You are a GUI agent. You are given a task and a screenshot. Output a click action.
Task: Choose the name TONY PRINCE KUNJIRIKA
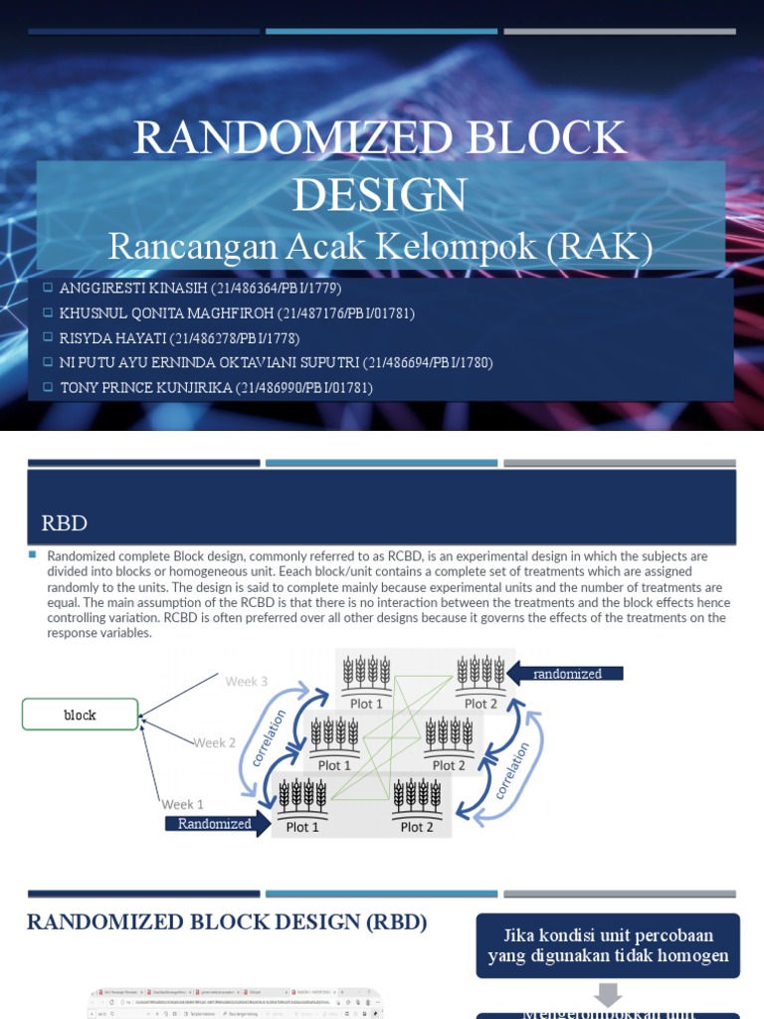[146, 387]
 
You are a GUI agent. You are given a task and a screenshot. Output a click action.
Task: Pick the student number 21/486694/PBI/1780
[428, 362]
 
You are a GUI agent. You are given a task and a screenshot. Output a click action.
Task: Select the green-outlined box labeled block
[82, 714]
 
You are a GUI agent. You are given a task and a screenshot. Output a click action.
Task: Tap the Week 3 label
[246, 682]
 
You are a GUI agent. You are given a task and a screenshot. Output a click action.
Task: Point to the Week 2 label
[215, 742]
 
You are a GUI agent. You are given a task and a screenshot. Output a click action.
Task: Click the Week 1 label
[183, 804]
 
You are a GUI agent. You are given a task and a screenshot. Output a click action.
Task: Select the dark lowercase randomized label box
[567, 674]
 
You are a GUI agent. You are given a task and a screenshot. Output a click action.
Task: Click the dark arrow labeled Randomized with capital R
[215, 823]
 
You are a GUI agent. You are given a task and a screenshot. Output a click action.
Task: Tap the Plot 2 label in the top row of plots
[480, 704]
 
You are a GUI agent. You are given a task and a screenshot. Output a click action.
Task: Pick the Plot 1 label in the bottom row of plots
[302, 827]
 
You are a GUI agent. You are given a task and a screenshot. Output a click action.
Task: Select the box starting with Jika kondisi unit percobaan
[608, 946]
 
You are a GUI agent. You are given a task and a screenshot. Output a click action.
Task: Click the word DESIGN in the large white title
[379, 195]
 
